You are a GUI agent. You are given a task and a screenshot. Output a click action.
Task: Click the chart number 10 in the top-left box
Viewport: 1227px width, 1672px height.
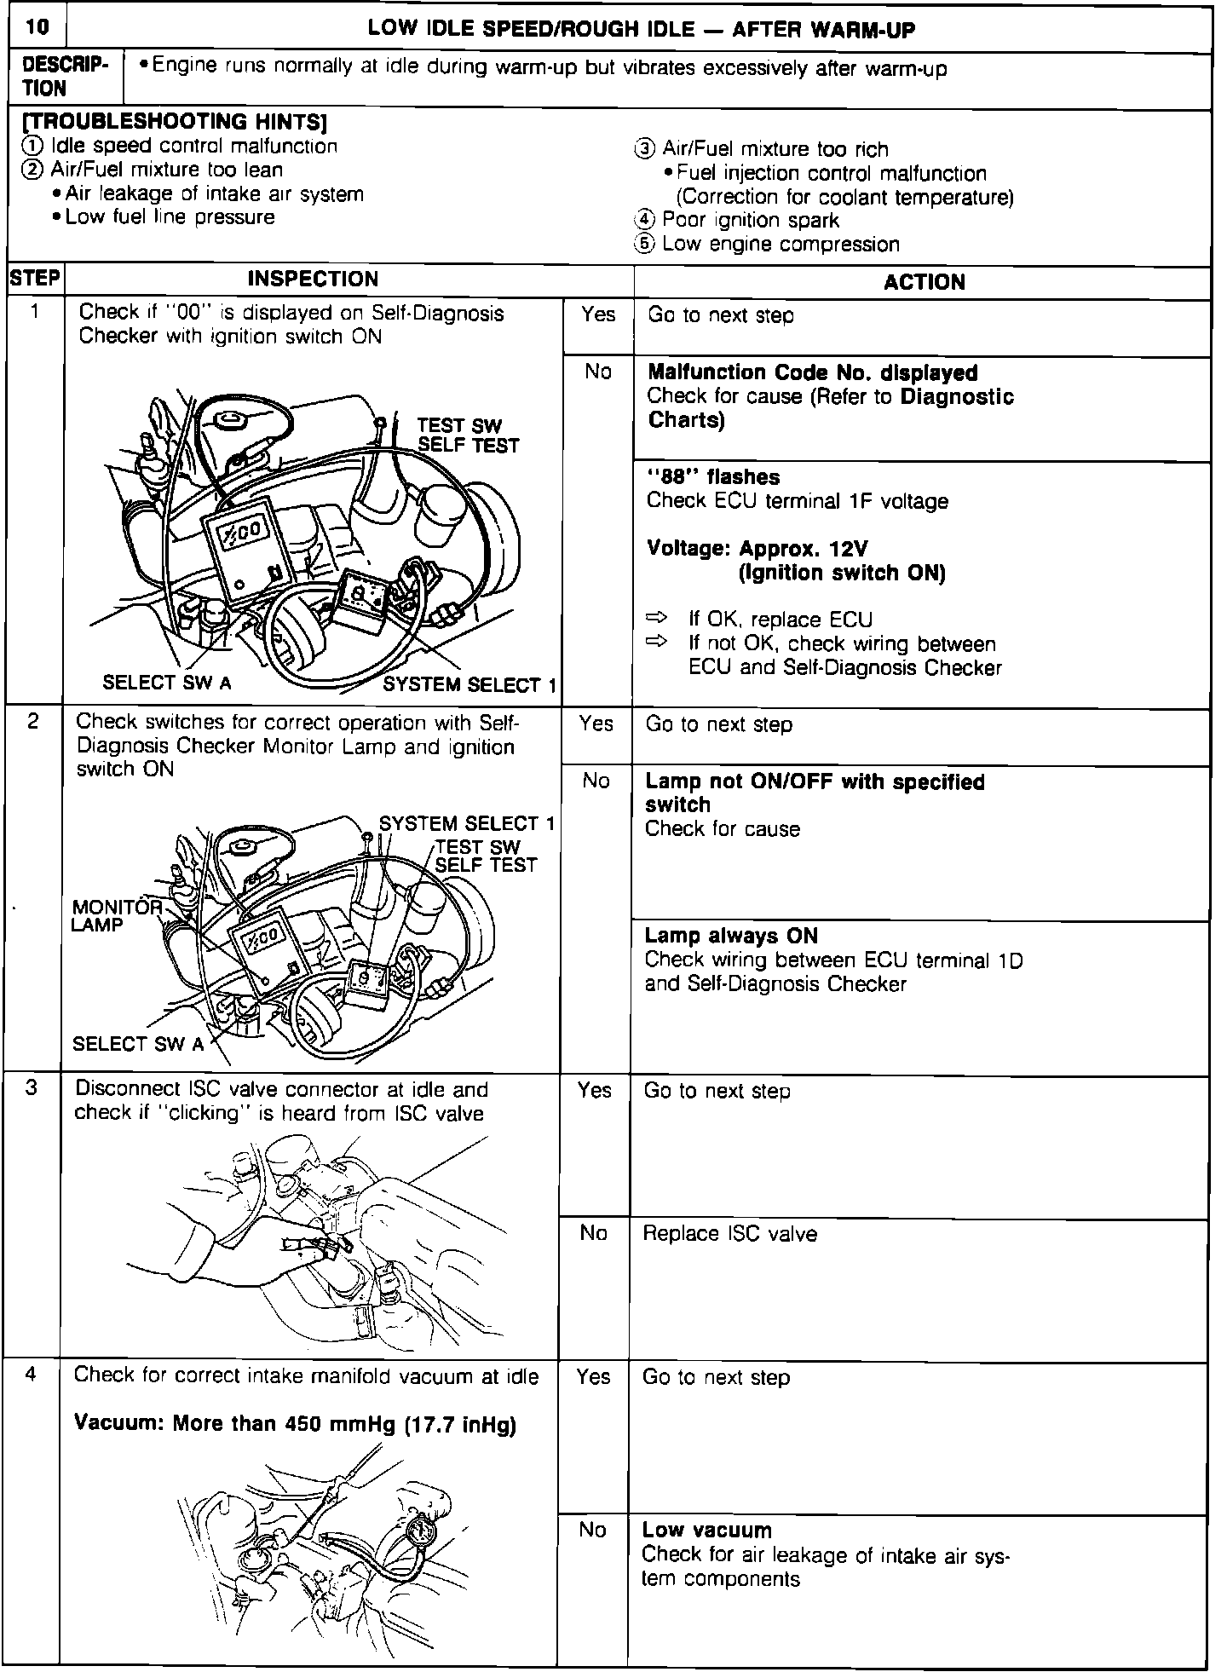[x=37, y=28]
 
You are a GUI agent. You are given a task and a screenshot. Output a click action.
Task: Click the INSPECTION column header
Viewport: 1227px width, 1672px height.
[x=313, y=280]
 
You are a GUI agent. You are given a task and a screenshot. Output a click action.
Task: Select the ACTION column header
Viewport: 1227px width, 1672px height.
[x=924, y=282]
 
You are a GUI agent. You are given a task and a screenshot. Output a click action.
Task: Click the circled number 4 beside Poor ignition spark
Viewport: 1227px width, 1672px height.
[x=644, y=221]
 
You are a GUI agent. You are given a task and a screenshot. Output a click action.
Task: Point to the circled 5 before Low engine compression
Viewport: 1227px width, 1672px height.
[x=644, y=245]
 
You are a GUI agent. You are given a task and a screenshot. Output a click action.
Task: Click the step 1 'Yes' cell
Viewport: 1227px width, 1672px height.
[x=597, y=314]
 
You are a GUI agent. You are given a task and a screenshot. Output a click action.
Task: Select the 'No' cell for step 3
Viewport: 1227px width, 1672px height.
[x=593, y=1233]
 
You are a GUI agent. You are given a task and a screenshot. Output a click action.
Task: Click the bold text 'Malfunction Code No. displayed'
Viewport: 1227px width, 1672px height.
[x=812, y=372]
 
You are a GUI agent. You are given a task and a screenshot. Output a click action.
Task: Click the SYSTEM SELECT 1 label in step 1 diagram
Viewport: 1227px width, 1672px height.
[x=469, y=684]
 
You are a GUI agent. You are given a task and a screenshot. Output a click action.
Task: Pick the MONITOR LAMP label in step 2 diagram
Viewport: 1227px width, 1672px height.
[x=116, y=915]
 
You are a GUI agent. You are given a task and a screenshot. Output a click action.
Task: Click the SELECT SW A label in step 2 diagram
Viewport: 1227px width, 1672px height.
[x=138, y=1043]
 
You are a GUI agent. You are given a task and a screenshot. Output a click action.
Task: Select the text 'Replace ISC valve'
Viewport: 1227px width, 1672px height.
[x=729, y=1234]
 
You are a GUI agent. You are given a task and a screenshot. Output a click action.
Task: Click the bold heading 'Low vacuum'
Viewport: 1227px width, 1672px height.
[x=706, y=1530]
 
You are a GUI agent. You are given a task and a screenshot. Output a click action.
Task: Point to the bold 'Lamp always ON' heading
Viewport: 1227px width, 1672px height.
[x=730, y=936]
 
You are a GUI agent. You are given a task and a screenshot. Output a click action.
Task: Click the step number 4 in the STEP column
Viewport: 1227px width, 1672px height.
[x=32, y=1375]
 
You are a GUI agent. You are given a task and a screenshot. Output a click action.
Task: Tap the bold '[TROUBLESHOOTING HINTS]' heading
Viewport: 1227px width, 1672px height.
[x=173, y=122]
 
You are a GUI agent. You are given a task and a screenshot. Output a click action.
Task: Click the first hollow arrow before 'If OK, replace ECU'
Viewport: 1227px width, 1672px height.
[x=658, y=617]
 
